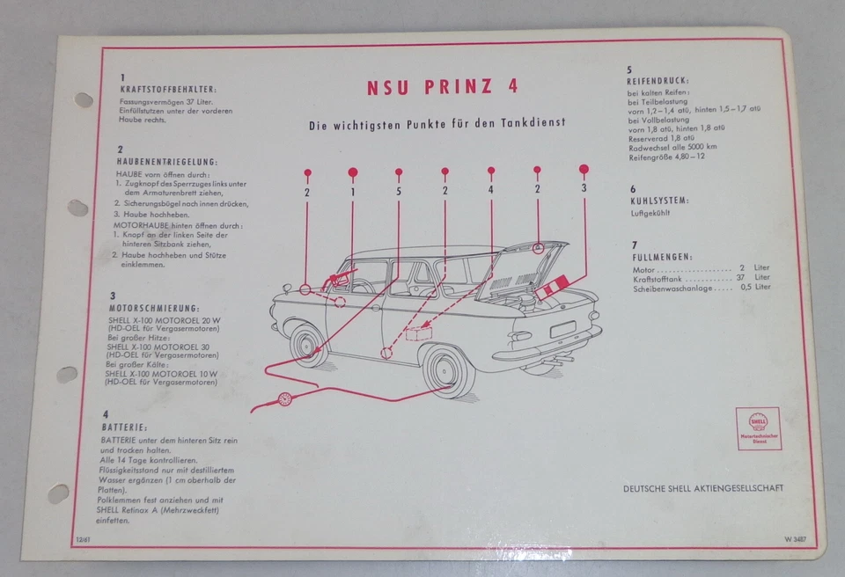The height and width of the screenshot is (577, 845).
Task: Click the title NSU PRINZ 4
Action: click(x=442, y=87)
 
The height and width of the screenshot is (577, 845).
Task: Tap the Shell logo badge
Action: click(x=759, y=427)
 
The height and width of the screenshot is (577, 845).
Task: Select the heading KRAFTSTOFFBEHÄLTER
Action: click(x=168, y=90)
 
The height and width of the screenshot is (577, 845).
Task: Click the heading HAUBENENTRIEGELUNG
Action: click(x=167, y=162)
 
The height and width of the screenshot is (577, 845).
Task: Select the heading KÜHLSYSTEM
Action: click(x=658, y=201)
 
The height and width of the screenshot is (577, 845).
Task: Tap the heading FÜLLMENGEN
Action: click(x=660, y=256)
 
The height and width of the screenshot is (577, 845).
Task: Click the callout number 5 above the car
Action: click(x=398, y=191)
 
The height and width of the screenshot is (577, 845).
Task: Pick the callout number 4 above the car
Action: click(x=490, y=190)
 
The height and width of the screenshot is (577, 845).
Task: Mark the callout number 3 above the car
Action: click(x=583, y=188)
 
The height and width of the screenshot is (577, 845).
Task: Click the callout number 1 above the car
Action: click(x=352, y=191)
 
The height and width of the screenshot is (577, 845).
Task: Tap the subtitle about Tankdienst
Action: click(x=437, y=125)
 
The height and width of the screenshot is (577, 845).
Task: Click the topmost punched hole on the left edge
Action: click(x=84, y=100)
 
